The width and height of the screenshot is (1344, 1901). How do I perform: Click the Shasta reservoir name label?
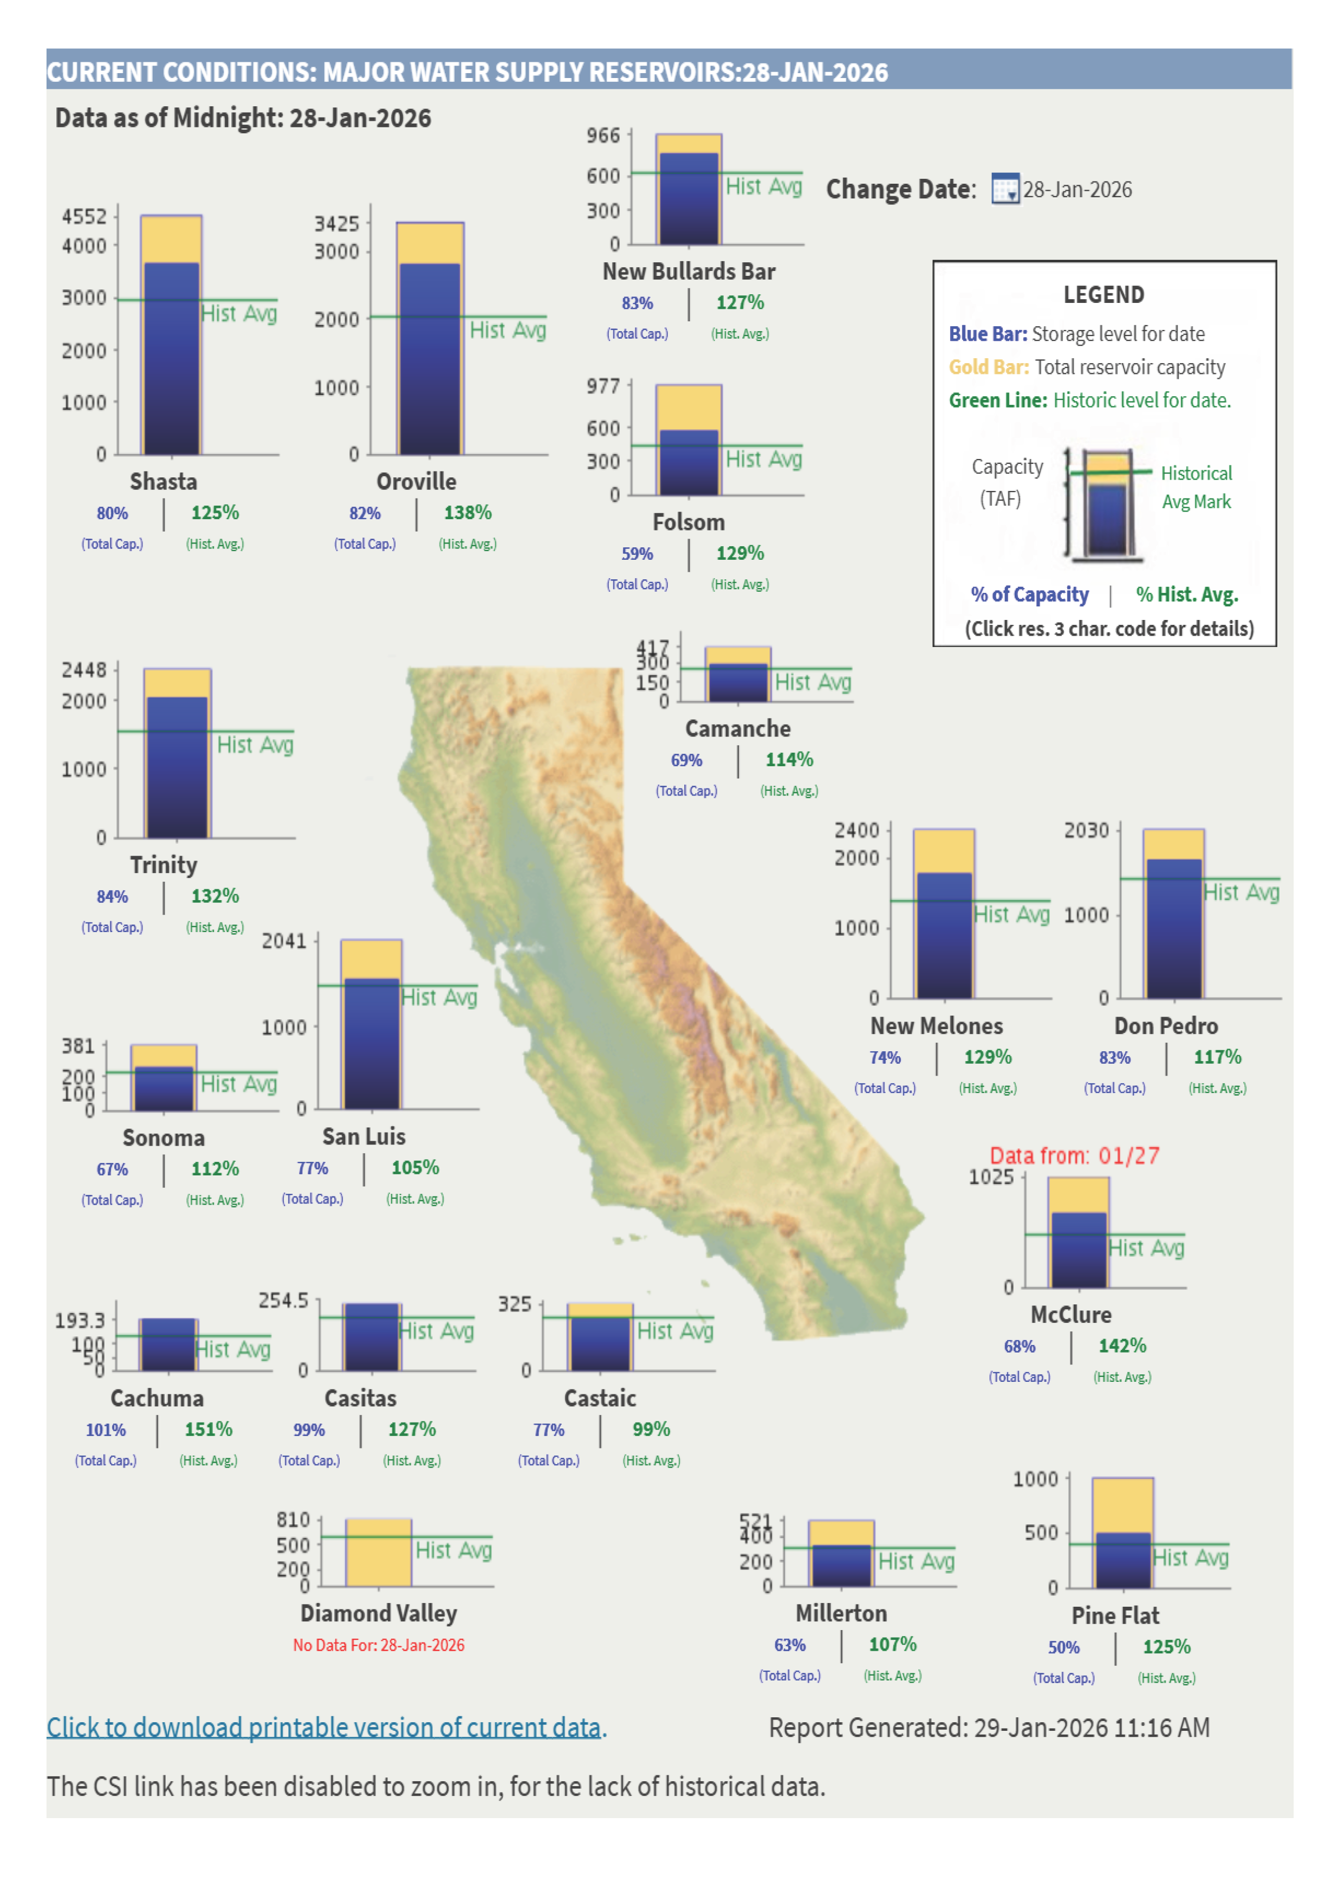pos(163,481)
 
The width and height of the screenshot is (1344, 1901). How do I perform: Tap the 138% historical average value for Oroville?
pos(468,513)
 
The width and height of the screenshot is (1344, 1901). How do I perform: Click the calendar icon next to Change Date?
pos(1005,190)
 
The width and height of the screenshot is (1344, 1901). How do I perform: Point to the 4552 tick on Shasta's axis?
pos(85,216)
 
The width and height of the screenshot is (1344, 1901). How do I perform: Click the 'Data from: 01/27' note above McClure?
pos(1074,1156)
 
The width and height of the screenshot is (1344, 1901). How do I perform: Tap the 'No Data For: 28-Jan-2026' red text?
pos(378,1645)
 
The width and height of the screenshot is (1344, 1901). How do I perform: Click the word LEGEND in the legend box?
pos(1103,295)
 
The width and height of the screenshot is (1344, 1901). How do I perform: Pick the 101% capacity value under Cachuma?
pos(106,1430)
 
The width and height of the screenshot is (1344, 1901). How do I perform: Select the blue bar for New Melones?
pos(944,935)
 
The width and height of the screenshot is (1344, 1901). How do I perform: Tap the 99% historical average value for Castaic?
pos(651,1430)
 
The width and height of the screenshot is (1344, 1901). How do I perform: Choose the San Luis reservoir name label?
pos(363,1137)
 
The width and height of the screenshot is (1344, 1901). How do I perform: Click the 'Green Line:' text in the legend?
pos(998,400)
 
